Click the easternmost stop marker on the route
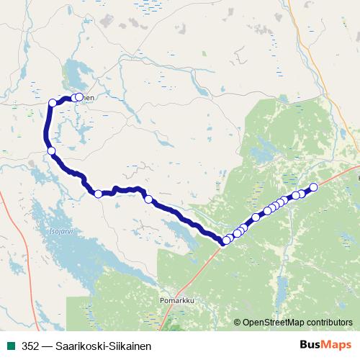[313, 188]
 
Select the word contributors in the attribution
[330, 323]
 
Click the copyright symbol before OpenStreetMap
[238, 323]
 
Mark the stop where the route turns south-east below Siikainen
[51, 150]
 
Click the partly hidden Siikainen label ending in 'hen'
[87, 97]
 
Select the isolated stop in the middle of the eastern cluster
[256, 217]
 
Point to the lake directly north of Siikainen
[75, 73]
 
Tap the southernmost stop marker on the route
[226, 240]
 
